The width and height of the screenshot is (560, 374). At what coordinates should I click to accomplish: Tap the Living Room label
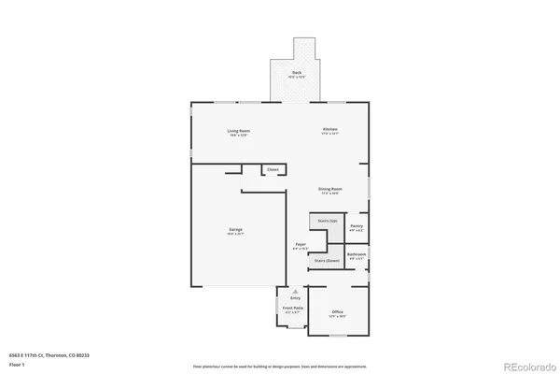(238, 131)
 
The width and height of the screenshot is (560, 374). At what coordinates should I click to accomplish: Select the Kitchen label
(330, 129)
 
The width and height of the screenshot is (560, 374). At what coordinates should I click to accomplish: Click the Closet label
(273, 169)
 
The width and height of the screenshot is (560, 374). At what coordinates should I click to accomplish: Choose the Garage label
(236, 229)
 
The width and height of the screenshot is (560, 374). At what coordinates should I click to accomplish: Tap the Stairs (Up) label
(327, 221)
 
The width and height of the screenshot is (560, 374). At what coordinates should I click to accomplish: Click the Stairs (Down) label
(327, 261)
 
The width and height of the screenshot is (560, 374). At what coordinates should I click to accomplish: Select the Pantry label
(357, 226)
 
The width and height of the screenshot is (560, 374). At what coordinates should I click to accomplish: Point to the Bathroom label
(357, 254)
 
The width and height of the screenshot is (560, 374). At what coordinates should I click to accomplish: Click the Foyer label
(301, 245)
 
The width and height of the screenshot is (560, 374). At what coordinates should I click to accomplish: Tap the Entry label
(295, 298)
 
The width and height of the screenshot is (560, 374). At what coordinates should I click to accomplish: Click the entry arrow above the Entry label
(295, 291)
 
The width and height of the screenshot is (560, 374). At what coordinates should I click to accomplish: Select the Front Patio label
(292, 309)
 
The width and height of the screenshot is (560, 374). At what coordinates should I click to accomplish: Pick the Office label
(337, 312)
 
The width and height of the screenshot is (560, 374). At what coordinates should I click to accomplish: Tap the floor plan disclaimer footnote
(280, 366)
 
